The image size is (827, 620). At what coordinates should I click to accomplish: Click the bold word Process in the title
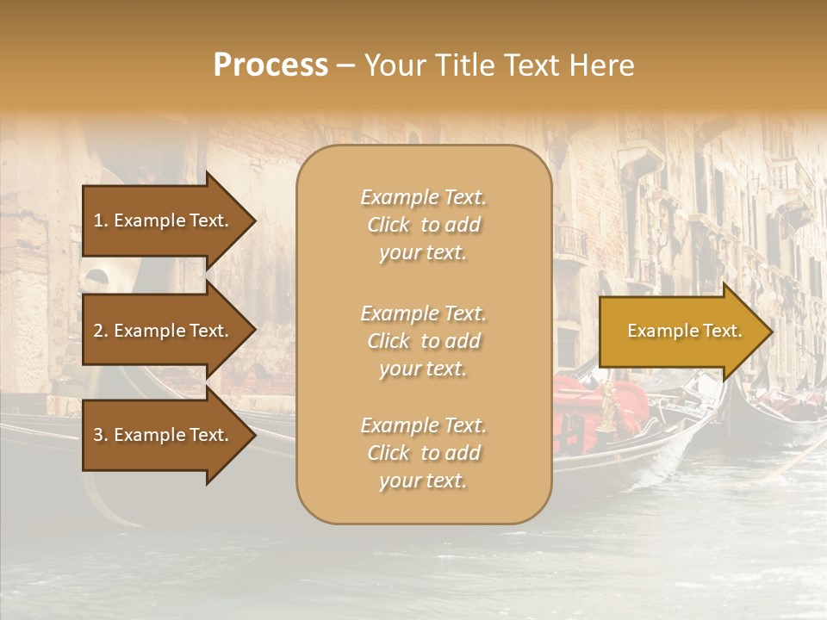tap(270, 65)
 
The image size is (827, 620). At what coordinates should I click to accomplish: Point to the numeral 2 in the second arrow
tap(99, 331)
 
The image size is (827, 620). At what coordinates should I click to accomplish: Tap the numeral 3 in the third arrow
tap(99, 435)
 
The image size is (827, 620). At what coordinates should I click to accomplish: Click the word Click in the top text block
tap(389, 226)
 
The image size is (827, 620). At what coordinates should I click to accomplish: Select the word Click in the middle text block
tap(389, 342)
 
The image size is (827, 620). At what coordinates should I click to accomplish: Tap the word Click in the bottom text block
tap(389, 454)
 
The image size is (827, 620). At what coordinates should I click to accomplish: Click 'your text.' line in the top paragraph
tap(423, 254)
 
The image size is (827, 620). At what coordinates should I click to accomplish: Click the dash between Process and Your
tap(345, 66)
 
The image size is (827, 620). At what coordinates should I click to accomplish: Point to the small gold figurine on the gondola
tap(609, 406)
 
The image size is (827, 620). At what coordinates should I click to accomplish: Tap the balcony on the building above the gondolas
tap(570, 244)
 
